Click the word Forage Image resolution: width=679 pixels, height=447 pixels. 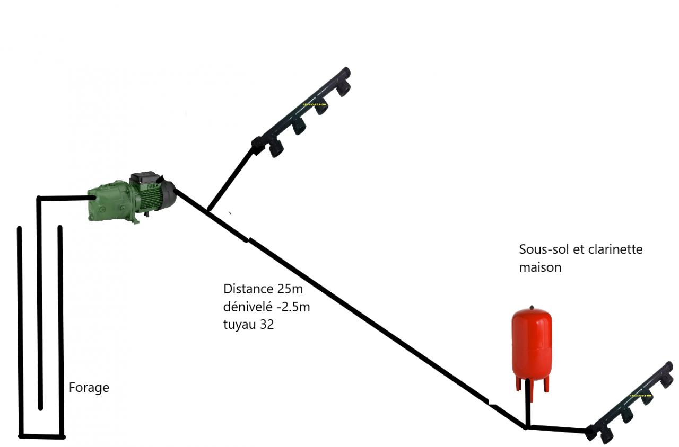click(89, 388)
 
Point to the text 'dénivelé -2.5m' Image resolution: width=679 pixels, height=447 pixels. click(266, 307)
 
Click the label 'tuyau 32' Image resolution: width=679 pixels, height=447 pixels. click(248, 325)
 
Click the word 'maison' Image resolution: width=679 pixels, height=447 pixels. click(540, 267)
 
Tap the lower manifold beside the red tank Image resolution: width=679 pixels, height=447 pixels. click(631, 403)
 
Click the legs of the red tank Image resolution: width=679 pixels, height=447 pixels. click(531, 385)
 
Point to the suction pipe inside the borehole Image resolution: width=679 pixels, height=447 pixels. click(39, 302)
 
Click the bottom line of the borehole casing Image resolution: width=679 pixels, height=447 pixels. click(42, 436)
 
